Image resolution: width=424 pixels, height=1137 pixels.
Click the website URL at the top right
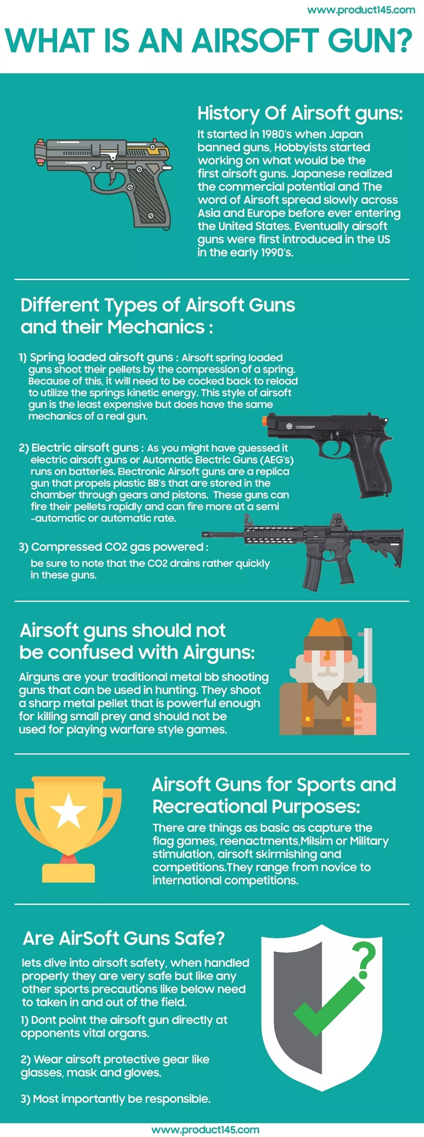click(x=360, y=10)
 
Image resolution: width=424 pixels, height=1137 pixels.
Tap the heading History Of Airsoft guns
click(x=300, y=113)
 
